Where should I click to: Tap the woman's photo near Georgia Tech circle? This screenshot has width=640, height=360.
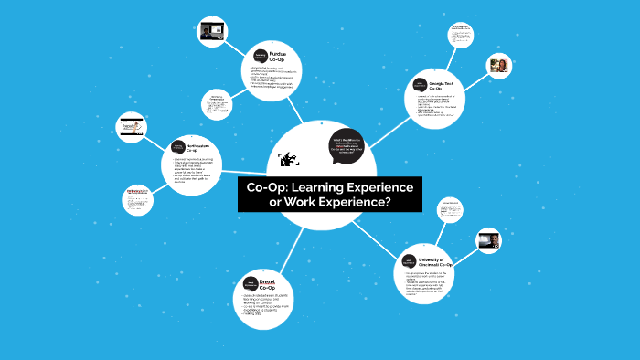point(499,67)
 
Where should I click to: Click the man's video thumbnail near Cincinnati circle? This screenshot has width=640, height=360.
point(489,242)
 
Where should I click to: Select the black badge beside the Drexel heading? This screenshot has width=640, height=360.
point(247,287)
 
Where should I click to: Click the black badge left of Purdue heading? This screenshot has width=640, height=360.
point(251,52)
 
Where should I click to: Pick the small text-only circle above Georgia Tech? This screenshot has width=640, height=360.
point(461,35)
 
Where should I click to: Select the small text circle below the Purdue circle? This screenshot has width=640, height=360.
point(217,107)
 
